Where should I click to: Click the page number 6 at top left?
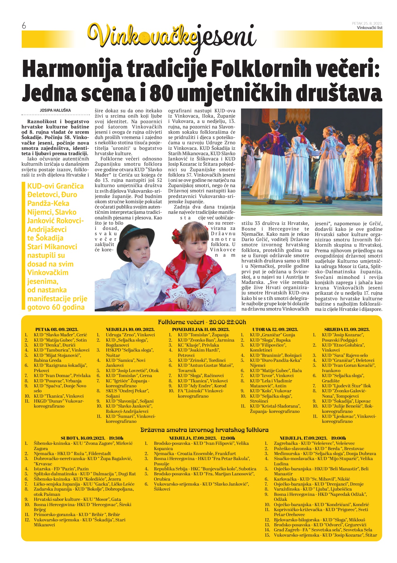pos(24,26)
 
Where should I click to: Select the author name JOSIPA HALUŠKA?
pos(55,110)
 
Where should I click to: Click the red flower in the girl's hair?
pos(177,235)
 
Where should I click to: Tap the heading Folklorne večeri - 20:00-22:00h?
pos(202,322)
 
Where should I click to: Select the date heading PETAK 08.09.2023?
pos(57,329)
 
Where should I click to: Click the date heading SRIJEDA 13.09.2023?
pos(347,329)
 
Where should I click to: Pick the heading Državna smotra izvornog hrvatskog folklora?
pos(204,430)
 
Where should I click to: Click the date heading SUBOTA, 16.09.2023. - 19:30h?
pos(92,438)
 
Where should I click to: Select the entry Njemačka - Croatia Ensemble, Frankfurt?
pos(195,453)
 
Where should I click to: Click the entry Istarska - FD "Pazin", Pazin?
pos(61,469)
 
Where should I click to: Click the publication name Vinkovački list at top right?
pos(369,28)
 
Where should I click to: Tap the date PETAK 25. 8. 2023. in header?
pos(367,23)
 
